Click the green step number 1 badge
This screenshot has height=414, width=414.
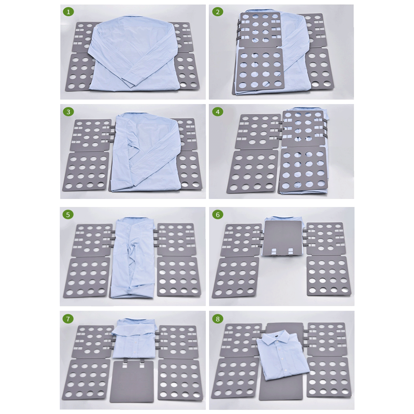[x=68, y=12]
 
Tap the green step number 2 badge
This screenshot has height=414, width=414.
[x=218, y=12]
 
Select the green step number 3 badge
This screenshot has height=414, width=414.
[x=68, y=112]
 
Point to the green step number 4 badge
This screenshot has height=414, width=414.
[x=218, y=112]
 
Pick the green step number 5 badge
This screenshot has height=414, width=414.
[x=68, y=215]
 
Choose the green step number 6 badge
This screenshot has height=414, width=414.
[x=218, y=215]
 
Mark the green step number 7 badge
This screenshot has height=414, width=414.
[x=68, y=319]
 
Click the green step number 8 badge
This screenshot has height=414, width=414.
[x=218, y=319]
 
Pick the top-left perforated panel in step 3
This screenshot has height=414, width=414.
[x=90, y=135]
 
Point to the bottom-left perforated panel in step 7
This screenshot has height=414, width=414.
[x=86, y=380]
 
